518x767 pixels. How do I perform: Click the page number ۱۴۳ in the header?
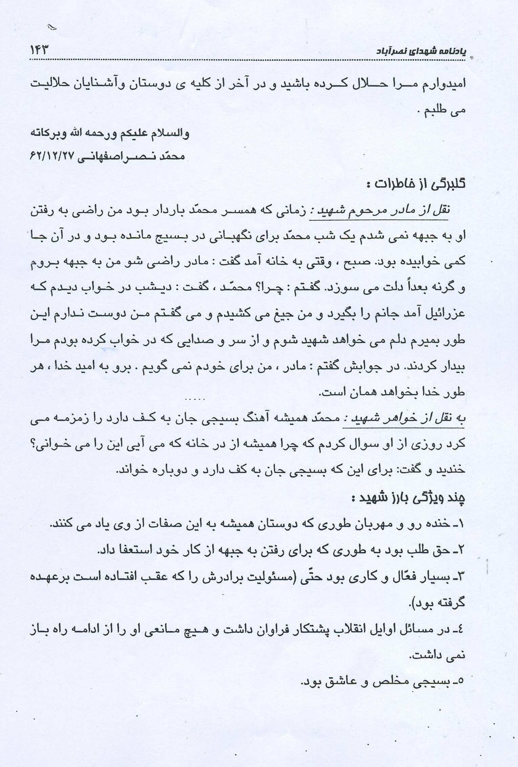click(39, 51)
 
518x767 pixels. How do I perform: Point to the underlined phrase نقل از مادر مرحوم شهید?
click(379, 210)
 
